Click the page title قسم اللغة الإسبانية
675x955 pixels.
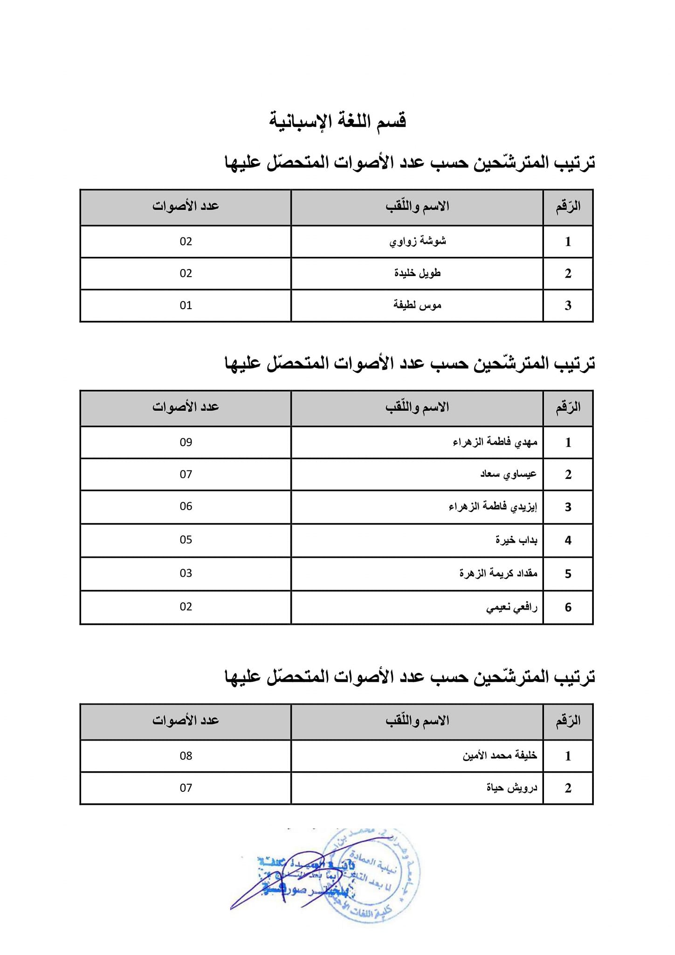tap(337, 121)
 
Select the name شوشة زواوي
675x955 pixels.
tap(418, 242)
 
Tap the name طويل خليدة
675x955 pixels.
tap(417, 273)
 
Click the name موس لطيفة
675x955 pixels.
tap(417, 305)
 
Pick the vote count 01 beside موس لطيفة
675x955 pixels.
tap(186, 305)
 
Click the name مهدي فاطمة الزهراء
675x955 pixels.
tap(495, 442)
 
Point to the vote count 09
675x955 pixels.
tap(186, 442)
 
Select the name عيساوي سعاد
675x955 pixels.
tap(509, 474)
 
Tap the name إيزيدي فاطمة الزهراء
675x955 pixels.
tap(493, 507)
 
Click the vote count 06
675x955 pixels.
tap(186, 506)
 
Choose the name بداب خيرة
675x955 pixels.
tap(517, 540)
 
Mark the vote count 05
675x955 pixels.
tap(186, 540)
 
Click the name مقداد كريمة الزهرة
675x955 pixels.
tap(498, 573)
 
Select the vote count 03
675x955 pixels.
tap(186, 573)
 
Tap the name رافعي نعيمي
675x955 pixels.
tap(511, 607)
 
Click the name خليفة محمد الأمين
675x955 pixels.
tap(500, 755)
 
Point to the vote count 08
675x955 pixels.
tap(186, 756)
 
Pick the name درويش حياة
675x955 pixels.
tap(512, 788)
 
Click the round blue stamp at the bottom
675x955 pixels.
tap(371, 876)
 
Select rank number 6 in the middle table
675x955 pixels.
tap(568, 607)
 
